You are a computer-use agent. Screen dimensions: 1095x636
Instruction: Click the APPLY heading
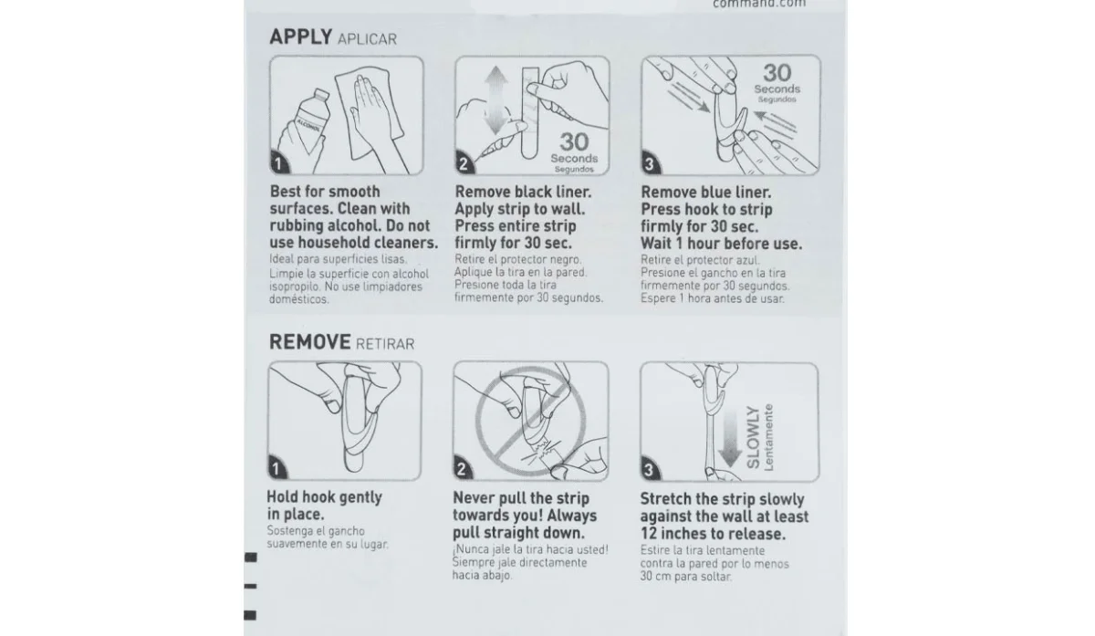[x=300, y=36]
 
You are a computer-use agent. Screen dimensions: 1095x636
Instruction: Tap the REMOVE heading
[x=310, y=341]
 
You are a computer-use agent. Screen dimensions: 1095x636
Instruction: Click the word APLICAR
[x=367, y=39]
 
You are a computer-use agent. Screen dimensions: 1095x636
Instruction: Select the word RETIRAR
[x=385, y=344]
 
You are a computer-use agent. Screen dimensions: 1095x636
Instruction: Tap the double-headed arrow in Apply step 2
[x=496, y=100]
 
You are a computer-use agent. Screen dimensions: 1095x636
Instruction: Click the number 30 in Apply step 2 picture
[x=574, y=141]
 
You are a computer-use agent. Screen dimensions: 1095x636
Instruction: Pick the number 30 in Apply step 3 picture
[x=777, y=73]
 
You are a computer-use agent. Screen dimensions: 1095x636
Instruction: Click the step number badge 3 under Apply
[x=650, y=163]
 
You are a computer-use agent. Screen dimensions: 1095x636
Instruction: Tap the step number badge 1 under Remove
[x=276, y=468]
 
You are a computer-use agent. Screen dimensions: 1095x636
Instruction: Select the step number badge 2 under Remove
[x=462, y=469]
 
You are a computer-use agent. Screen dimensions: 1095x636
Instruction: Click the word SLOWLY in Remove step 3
[x=754, y=437]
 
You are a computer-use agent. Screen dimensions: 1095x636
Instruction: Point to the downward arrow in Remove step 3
[x=730, y=439]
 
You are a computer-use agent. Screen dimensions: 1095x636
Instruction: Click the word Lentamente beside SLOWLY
[x=768, y=437]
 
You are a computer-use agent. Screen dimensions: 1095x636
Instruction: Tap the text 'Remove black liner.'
[x=523, y=193]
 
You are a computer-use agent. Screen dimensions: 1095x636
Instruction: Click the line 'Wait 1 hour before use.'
[x=721, y=244]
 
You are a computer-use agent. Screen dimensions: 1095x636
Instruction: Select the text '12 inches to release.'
[x=714, y=533]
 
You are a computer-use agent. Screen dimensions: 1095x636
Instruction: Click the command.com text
[x=759, y=4]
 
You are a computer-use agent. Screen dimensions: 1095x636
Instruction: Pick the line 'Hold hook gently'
[x=325, y=497]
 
